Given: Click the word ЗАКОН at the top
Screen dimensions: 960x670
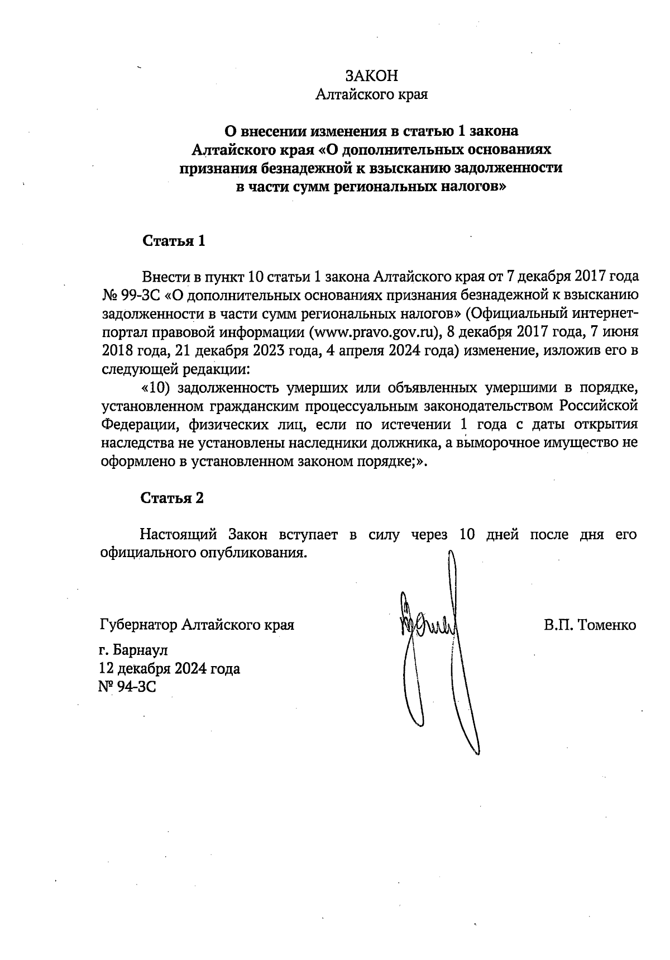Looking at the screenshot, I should coord(371,76).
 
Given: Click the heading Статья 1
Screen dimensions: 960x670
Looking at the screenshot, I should coord(174,241).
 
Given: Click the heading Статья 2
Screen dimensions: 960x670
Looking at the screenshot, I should coord(172,498).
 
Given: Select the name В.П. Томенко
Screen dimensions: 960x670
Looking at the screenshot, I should coord(590,625).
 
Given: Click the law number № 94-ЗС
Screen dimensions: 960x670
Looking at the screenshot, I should coord(127,686).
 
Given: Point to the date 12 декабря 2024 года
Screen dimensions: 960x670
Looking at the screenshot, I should coord(169,668).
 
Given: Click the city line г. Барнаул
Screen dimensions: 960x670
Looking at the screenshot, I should coord(133,650).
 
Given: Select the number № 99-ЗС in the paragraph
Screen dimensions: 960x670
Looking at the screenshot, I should coord(130,295).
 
